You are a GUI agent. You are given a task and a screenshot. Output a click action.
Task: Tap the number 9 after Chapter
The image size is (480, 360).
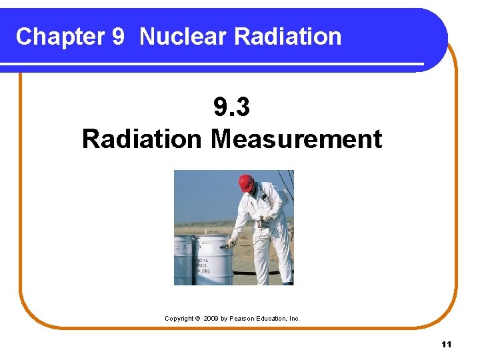tap(117, 37)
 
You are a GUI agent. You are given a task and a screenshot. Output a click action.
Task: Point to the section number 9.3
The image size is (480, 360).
tap(231, 107)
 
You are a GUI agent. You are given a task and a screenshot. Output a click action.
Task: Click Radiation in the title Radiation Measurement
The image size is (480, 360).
tap(141, 139)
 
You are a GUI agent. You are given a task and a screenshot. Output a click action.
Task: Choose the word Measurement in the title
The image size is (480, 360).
tap(296, 139)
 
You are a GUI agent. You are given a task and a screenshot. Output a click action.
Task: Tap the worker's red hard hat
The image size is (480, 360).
tap(246, 182)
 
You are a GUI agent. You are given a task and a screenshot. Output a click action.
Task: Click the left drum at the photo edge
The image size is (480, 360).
tap(183, 260)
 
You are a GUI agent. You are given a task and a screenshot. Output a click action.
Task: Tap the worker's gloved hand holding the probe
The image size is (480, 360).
tap(233, 242)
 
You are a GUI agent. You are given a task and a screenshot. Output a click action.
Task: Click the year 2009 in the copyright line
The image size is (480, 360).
tap(211, 319)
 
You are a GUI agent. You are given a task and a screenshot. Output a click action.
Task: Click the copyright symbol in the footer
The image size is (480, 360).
tap(197, 319)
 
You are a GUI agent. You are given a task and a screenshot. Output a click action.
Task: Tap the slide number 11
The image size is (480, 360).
tap(446, 344)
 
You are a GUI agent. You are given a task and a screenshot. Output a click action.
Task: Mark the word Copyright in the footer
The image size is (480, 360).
tap(179, 319)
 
